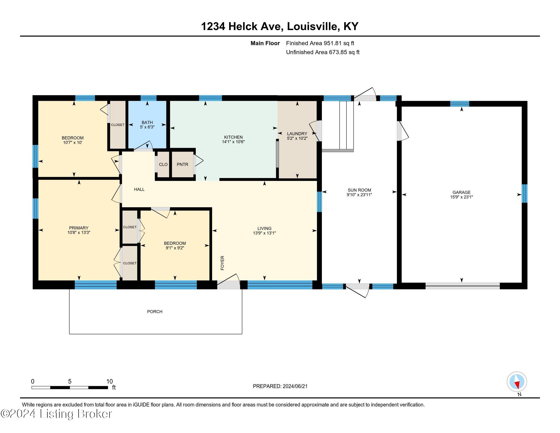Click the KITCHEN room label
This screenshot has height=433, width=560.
[x=233, y=137]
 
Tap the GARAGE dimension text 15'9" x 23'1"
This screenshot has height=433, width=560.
[x=461, y=197]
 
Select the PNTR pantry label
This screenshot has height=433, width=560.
[x=183, y=165]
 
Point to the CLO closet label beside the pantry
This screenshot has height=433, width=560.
[x=163, y=165]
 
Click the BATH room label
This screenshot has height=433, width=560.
[x=147, y=123]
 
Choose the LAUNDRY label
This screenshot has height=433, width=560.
[x=297, y=134]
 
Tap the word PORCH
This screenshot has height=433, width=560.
[x=155, y=312]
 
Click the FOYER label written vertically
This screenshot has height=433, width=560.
[x=222, y=263]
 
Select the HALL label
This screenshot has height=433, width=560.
[x=139, y=189]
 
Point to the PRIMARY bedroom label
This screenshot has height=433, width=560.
[x=79, y=228]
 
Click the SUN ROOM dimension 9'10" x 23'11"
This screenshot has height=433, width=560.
[x=359, y=195]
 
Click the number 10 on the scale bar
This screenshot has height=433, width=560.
[x=109, y=381]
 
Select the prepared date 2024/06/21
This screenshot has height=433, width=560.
[x=295, y=386]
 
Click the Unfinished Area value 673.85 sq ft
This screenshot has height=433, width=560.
[x=344, y=52]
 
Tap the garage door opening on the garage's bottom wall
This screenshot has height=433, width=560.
[x=463, y=286]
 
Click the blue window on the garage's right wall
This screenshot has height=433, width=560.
[x=525, y=193]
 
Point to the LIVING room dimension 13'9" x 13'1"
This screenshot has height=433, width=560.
[x=264, y=233]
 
